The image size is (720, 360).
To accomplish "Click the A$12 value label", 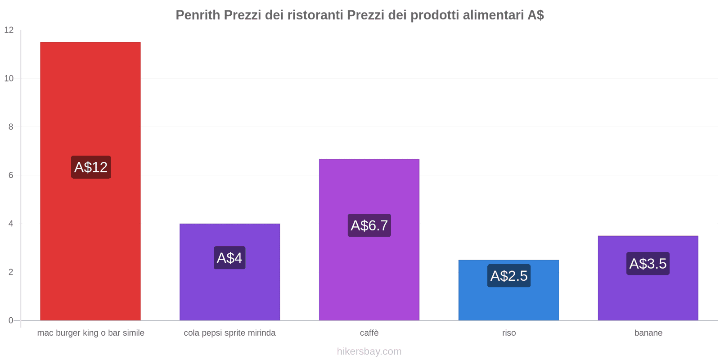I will click(x=91, y=167).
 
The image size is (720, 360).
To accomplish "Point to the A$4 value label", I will click(x=229, y=258).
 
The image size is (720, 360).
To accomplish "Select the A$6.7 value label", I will click(x=369, y=225).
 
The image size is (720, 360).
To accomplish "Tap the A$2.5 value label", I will click(x=509, y=276).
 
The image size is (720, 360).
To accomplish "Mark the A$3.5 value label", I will click(x=648, y=264).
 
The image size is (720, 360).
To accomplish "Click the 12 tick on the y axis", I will click(x=9, y=30).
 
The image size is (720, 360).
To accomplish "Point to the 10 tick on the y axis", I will click(x=9, y=78).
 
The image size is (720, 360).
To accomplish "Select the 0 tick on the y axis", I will click(x=11, y=320).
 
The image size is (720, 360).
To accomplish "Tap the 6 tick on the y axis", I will click(x=11, y=175).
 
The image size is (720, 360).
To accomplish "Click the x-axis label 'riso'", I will click(x=509, y=333).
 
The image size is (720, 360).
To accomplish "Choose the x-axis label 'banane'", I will click(x=648, y=333).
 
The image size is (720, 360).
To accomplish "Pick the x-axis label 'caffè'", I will click(x=369, y=333).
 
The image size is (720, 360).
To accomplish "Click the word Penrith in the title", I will click(x=198, y=15).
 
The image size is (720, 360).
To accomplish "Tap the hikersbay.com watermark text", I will click(x=369, y=351).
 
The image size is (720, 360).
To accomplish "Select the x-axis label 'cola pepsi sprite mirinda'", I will click(x=229, y=333).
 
